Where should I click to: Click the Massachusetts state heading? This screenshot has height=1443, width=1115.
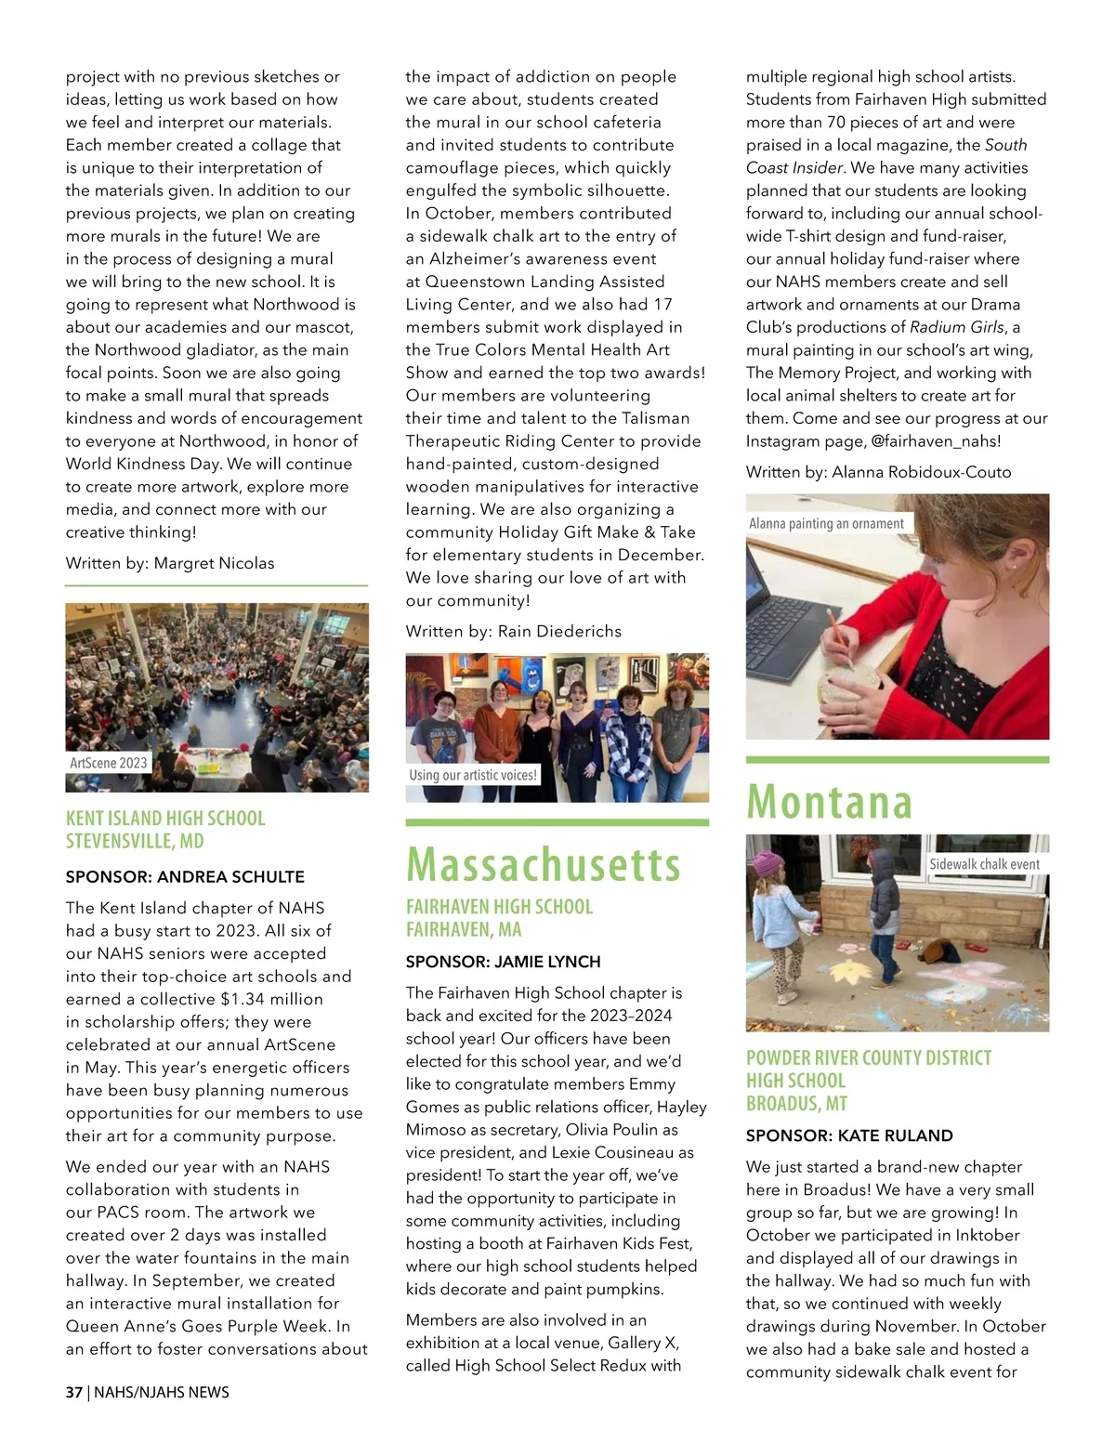[544, 864]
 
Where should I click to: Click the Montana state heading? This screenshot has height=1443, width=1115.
[829, 801]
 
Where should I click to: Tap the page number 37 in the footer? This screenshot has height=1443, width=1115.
[73, 1392]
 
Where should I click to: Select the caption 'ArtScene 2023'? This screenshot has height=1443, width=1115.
[109, 763]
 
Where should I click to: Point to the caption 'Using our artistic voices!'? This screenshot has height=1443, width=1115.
[473, 775]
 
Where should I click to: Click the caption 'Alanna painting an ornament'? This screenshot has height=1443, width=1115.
[826, 523]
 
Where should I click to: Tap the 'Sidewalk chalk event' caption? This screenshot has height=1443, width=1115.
[984, 864]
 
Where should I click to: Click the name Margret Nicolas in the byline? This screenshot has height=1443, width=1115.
[214, 563]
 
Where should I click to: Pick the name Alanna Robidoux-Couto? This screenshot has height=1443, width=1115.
[921, 472]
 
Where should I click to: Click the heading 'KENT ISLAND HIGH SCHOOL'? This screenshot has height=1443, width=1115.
[165, 819]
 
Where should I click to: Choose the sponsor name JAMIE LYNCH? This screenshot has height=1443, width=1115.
[547, 962]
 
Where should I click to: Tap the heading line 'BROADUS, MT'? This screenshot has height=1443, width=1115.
[796, 1104]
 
